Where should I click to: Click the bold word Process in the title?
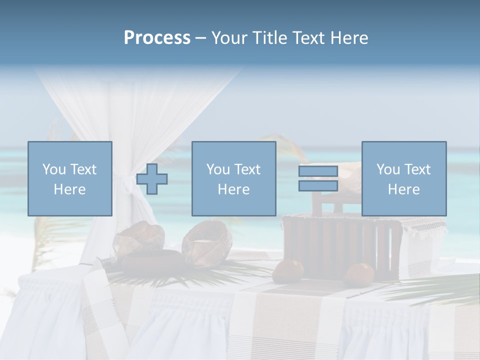click(157, 38)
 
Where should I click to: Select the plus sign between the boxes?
click(152, 179)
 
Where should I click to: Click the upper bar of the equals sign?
click(318, 171)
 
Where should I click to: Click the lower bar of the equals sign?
click(318, 186)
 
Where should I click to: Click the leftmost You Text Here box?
click(69, 178)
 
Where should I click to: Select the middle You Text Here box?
click(233, 178)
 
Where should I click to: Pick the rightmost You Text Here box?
click(403, 178)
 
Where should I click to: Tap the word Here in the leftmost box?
click(69, 189)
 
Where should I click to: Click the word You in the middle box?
click(217, 169)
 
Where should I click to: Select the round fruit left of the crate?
click(288, 270)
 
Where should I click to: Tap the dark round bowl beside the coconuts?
click(154, 259)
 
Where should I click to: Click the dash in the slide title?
click(200, 38)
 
